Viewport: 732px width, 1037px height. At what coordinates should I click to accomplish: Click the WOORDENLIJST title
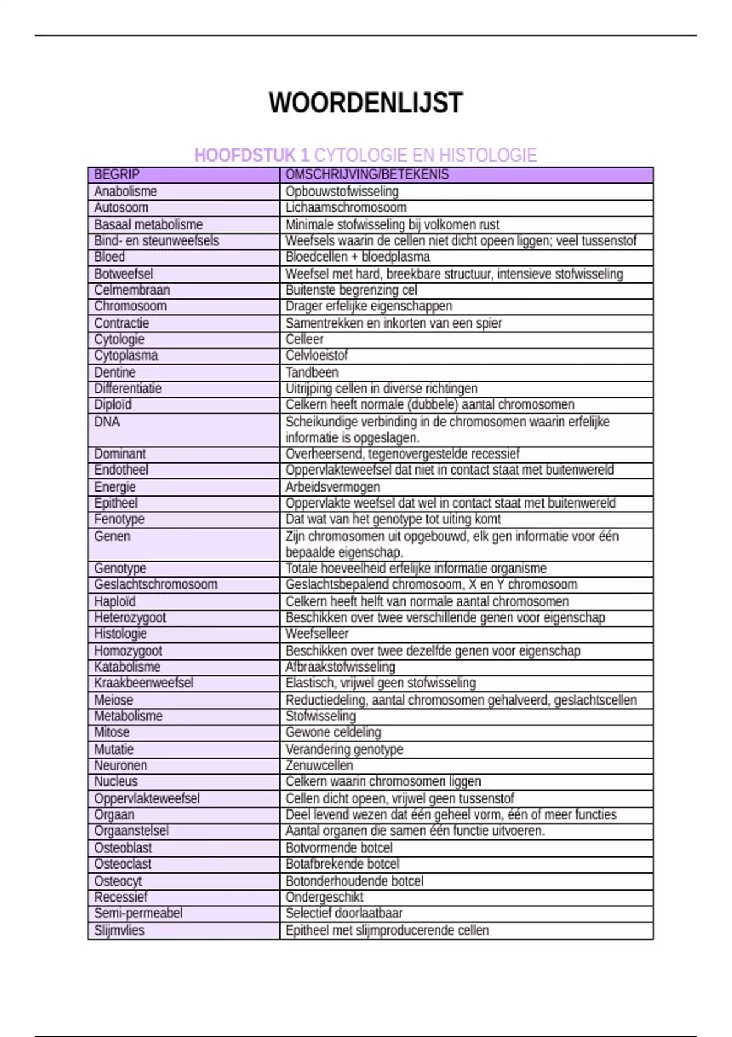[365, 102]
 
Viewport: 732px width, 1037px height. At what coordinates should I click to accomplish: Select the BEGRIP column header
[117, 174]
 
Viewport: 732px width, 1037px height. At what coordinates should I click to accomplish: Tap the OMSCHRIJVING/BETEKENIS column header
[367, 174]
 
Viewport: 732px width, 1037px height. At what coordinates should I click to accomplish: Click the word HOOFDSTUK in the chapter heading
[244, 156]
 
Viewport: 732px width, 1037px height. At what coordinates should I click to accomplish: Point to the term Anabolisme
[125, 192]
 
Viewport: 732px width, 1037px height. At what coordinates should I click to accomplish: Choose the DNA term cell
[107, 422]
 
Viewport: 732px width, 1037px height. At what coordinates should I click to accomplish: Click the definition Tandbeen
[312, 372]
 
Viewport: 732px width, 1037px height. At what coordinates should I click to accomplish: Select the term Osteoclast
[123, 864]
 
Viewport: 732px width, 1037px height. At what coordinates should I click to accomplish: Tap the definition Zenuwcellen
[319, 765]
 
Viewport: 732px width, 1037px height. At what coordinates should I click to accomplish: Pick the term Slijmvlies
[119, 930]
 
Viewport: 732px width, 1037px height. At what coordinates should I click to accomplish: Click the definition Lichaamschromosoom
[346, 207]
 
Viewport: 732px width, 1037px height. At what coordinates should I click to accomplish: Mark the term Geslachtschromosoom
[156, 584]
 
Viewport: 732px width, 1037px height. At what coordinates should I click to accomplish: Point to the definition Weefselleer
[317, 634]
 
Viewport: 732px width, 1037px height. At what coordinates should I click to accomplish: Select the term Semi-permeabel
[138, 913]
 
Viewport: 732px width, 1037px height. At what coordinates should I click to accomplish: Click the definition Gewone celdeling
[333, 732]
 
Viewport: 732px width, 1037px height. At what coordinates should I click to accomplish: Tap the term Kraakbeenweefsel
[143, 683]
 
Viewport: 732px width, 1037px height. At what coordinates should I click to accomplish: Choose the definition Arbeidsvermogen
[332, 487]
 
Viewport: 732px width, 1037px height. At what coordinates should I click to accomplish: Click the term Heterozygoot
[130, 617]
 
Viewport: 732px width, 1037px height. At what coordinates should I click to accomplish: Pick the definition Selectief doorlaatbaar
[343, 913]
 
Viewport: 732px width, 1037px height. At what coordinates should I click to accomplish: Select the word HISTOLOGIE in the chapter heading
[488, 156]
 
